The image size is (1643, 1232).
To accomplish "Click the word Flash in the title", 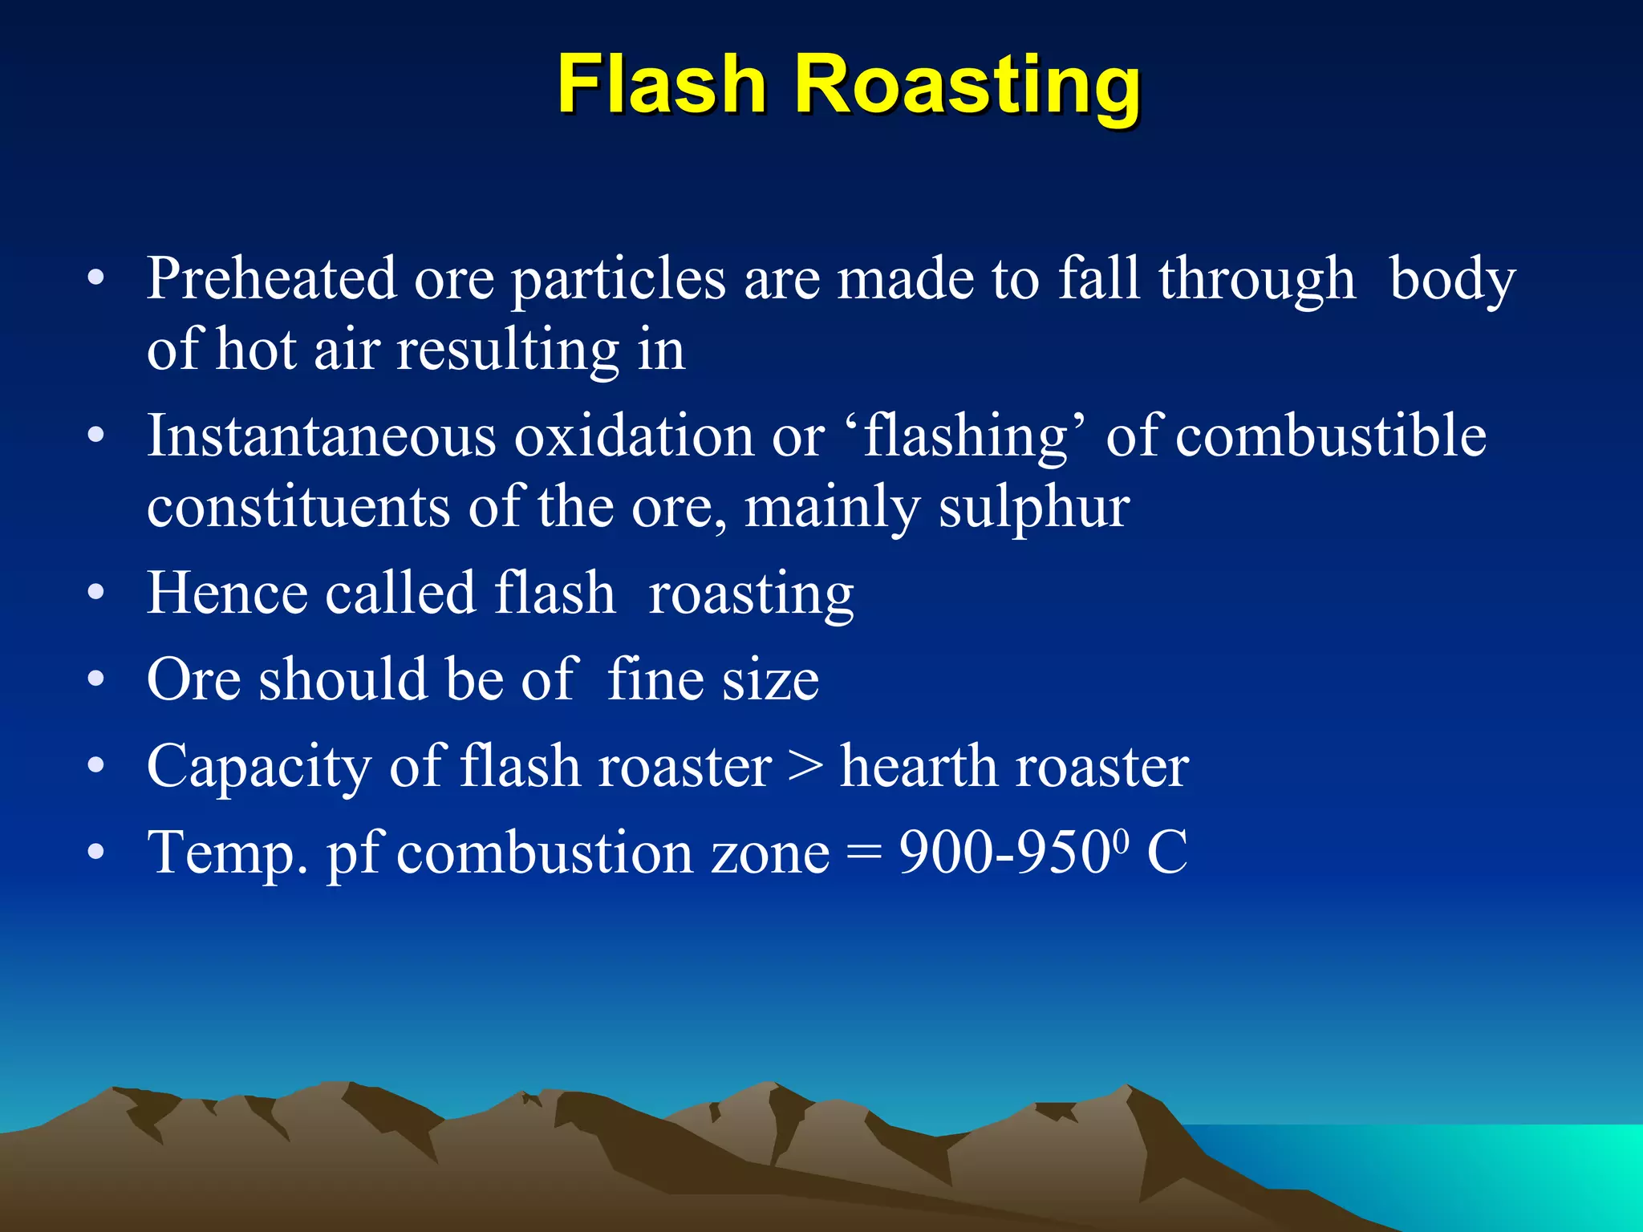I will coord(662,84).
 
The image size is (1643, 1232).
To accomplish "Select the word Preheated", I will coord(271,278).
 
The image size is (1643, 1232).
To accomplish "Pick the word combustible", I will coord(1331,436).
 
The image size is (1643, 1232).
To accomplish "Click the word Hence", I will coord(227,594).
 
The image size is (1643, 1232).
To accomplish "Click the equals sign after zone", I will coord(864,853).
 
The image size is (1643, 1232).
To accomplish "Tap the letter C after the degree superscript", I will coord(1166,852).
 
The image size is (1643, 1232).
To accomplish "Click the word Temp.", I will coord(227,853).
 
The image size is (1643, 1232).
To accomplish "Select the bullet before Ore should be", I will coord(96,680).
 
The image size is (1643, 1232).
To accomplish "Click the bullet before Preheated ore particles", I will coord(96,279).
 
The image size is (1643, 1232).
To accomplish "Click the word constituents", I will coord(298,509).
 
